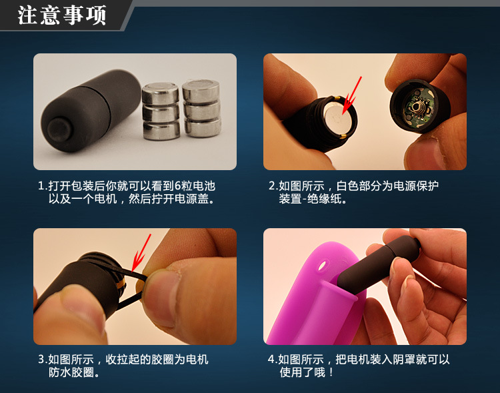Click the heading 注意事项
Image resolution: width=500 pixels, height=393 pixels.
pos(61,15)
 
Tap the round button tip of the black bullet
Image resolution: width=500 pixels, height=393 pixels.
pos(59,130)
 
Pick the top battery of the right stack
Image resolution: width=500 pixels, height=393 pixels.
pos(201,91)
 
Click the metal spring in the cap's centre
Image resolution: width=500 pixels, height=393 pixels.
pos(417,108)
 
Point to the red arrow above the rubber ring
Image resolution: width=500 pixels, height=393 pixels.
pos(141,252)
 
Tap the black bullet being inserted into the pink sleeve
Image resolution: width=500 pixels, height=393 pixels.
pos(379,264)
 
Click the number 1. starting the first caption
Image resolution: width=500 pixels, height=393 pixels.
pos(43,185)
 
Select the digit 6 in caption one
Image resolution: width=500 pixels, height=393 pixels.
pos(177,185)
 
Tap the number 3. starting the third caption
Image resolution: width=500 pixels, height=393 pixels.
pos(43,360)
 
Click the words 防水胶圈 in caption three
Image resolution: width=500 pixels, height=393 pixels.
pos(71,372)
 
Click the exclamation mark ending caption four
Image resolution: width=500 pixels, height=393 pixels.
pos(331,372)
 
